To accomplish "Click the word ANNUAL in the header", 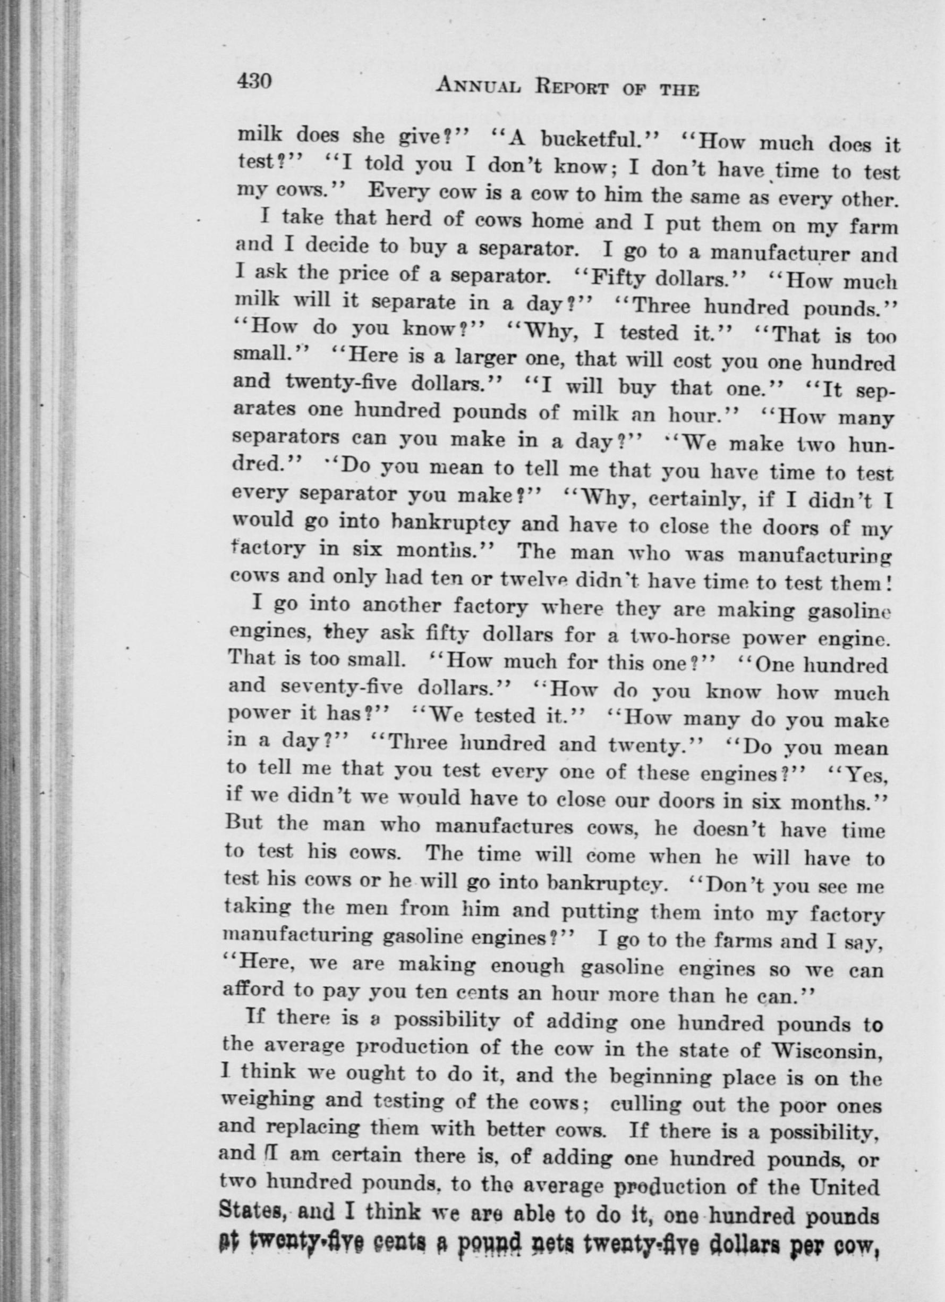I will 479,87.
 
